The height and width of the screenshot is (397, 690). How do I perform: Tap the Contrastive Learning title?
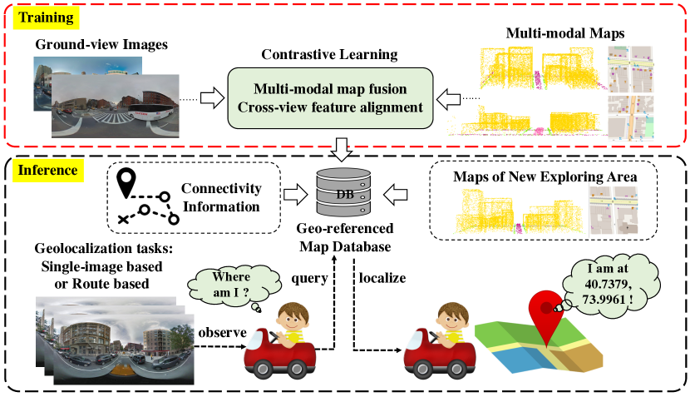328,55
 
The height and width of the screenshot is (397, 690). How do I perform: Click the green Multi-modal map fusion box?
330,97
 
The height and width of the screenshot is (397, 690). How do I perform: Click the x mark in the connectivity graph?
124,219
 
